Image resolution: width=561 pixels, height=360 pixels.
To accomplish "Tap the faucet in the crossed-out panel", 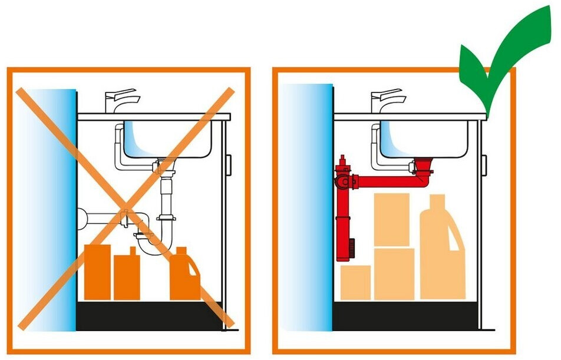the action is coord(120,101).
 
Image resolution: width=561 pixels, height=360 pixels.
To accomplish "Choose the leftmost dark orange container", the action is coord(97,272).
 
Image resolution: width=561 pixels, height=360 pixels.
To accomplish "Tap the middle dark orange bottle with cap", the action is coord(127,276).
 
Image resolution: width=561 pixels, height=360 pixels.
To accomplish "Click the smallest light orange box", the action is coord(355,282).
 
